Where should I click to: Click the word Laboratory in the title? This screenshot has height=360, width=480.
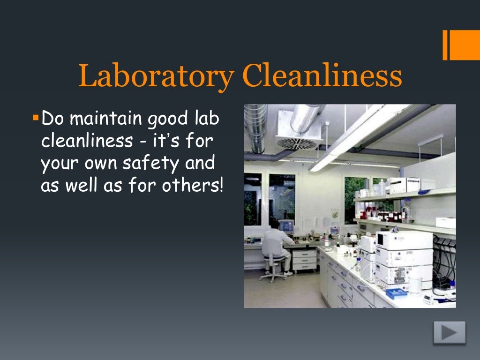pos(155,76)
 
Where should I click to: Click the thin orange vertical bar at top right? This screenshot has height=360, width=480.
pos(445,45)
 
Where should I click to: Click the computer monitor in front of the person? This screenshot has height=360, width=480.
pos(285,226)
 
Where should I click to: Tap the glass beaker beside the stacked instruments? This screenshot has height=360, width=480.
pos(415,284)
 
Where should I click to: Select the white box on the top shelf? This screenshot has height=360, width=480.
pos(404,185)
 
